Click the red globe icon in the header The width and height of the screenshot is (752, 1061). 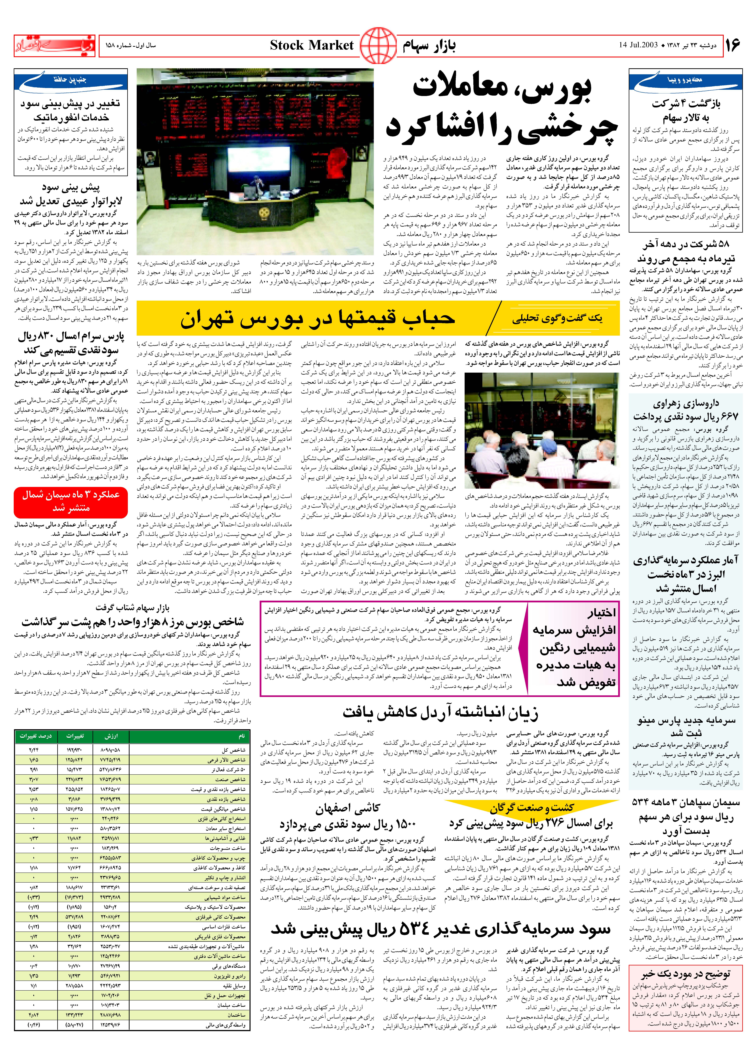[378, 45]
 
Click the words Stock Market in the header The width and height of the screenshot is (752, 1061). [312, 45]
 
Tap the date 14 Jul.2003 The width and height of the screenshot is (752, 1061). [638, 45]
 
